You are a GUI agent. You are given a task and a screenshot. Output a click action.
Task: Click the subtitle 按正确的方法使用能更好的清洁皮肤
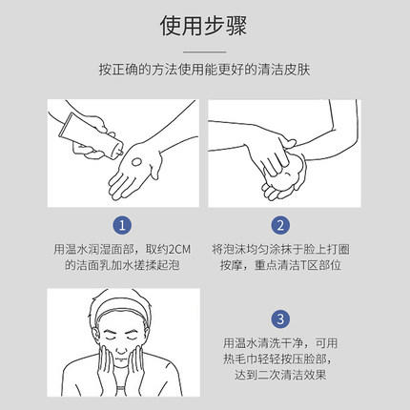coord(204,71)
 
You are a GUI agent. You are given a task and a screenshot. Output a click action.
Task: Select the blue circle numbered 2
coord(280,226)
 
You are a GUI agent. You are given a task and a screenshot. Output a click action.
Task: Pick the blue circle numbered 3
coord(280,318)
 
